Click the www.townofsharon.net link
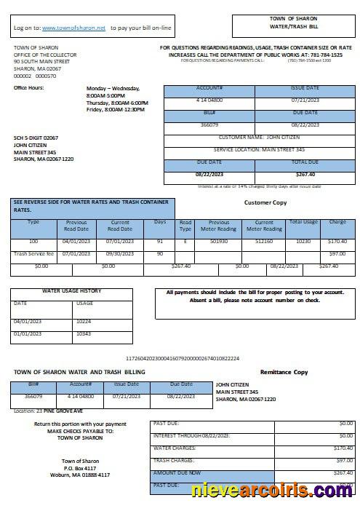(73, 28)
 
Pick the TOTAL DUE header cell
(305, 162)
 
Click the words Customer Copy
(266, 202)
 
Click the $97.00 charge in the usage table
(337, 253)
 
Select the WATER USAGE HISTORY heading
(71, 290)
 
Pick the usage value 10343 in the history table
(84, 333)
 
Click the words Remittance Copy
(284, 372)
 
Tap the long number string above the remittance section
(183, 358)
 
